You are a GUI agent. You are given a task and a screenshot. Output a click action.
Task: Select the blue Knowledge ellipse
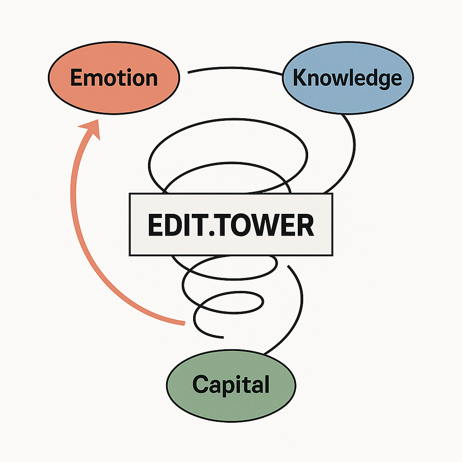tap(347, 97)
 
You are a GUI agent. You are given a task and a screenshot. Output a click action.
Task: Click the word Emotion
tap(114, 78)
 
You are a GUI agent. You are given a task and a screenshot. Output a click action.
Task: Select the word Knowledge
tap(347, 78)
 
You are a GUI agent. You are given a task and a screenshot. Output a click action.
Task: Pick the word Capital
tap(231, 385)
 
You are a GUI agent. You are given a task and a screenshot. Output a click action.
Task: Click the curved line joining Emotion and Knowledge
tap(235, 69)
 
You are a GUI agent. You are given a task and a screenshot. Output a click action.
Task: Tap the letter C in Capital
tap(200, 384)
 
